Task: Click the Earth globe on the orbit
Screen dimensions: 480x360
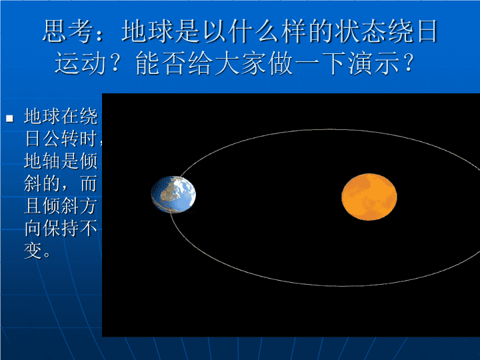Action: (x=173, y=195)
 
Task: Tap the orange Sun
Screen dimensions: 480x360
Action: (x=369, y=197)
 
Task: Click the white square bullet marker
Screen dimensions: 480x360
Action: (x=10, y=118)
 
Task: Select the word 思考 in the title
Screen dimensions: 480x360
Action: (x=68, y=31)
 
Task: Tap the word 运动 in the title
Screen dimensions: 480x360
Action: (x=81, y=63)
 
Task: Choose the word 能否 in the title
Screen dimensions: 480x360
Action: (x=161, y=63)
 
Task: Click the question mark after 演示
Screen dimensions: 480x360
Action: (x=408, y=63)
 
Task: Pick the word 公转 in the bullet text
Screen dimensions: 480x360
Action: (x=61, y=139)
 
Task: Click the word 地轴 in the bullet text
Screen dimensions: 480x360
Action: (x=43, y=161)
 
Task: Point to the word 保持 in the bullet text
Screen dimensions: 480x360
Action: (x=61, y=228)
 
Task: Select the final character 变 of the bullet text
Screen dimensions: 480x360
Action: (x=33, y=251)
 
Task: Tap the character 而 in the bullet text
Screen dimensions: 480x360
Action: (x=89, y=183)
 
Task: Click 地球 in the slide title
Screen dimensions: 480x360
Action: (x=147, y=31)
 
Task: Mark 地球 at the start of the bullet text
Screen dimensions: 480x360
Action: (x=43, y=116)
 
